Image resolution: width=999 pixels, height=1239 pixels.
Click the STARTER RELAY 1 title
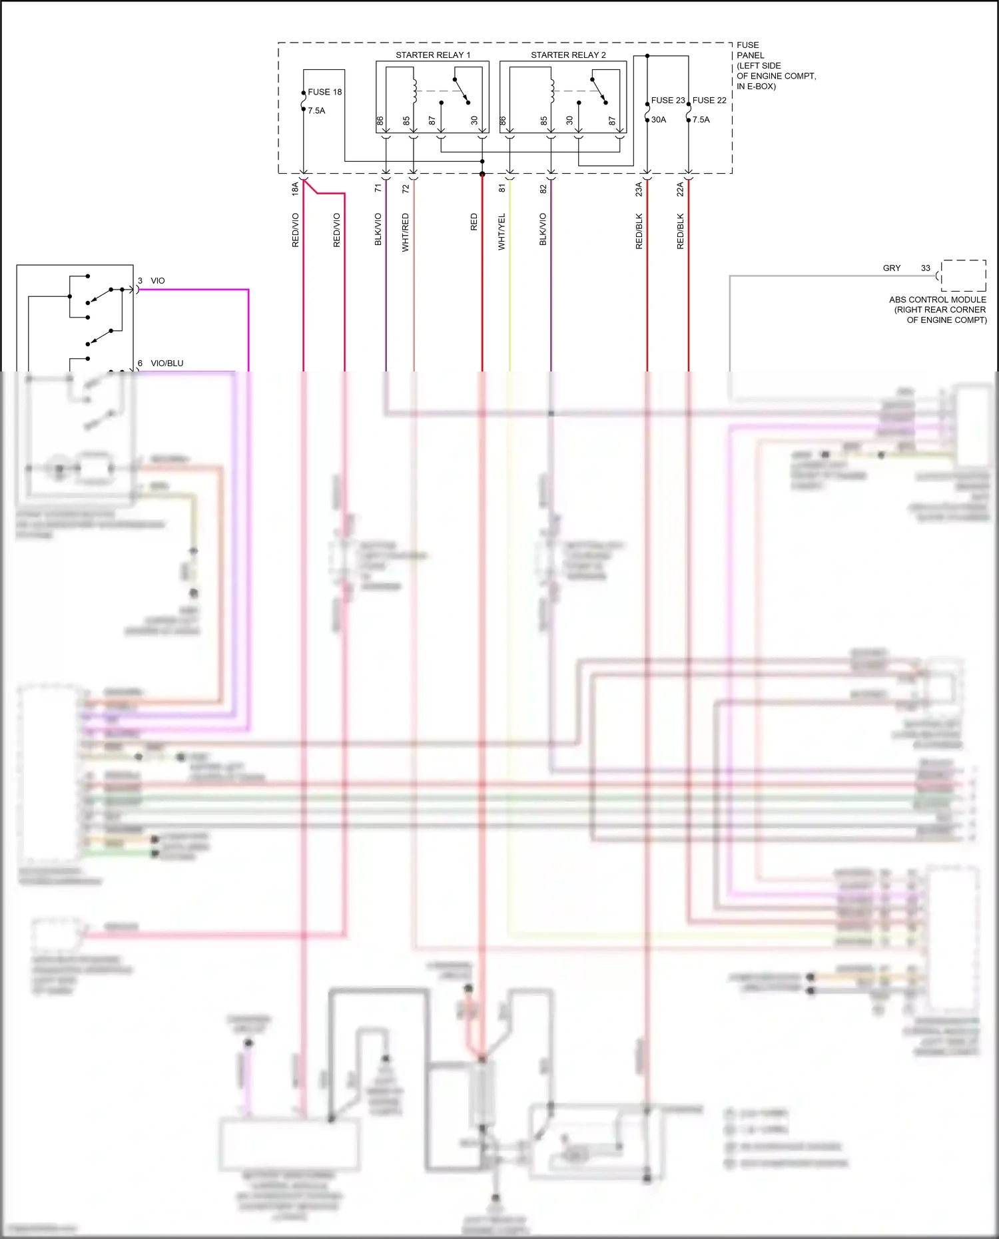point(433,55)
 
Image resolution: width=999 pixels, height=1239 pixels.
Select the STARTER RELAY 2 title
point(568,55)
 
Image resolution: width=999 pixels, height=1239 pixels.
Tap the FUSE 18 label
point(324,92)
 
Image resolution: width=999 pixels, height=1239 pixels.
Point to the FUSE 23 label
point(667,100)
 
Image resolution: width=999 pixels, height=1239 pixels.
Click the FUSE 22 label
point(709,100)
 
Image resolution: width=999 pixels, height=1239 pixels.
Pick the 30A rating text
point(659,120)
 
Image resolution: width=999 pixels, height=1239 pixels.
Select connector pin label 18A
point(295,188)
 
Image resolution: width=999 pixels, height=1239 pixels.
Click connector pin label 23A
point(639,188)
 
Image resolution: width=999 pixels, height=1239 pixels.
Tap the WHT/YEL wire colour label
point(501,232)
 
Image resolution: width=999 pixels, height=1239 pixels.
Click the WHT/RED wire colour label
point(405,232)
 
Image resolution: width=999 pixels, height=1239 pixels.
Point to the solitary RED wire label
point(474,222)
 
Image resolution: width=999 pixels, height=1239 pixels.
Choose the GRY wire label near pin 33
point(891,268)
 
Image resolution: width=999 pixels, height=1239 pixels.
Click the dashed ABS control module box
point(963,276)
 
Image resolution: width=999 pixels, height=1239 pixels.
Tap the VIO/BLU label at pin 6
point(166,363)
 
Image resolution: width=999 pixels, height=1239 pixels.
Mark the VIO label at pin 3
point(158,280)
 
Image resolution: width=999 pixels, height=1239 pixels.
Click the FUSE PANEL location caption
point(775,65)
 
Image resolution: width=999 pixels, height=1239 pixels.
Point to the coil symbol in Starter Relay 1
point(415,91)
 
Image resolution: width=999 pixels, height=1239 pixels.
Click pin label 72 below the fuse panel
point(406,188)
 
